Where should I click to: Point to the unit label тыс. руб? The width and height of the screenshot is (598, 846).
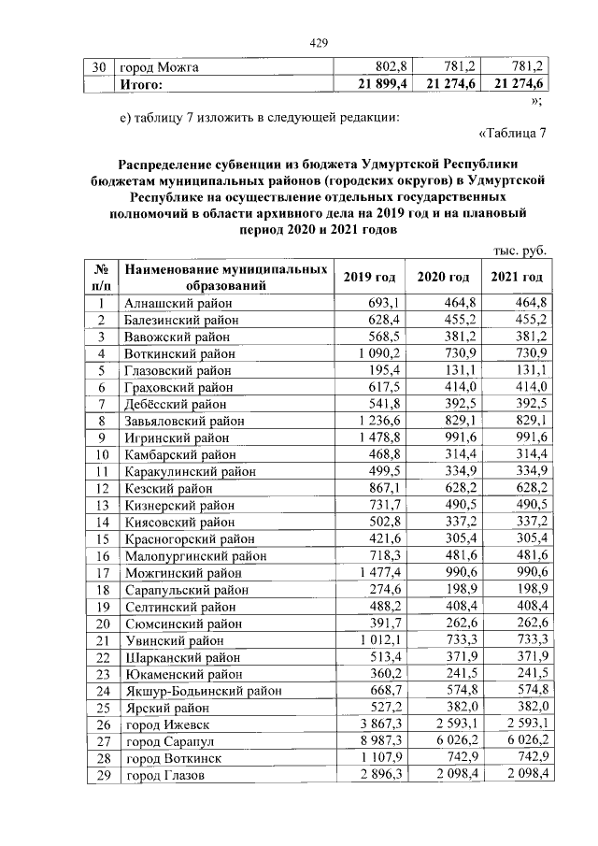coord(519,251)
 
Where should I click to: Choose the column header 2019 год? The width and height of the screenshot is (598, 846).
coord(369,277)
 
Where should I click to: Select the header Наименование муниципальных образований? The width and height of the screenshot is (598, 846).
coord(226,277)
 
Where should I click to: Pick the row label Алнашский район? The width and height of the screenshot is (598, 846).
coord(178,303)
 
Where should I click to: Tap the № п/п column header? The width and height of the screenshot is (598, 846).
coord(101,277)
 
